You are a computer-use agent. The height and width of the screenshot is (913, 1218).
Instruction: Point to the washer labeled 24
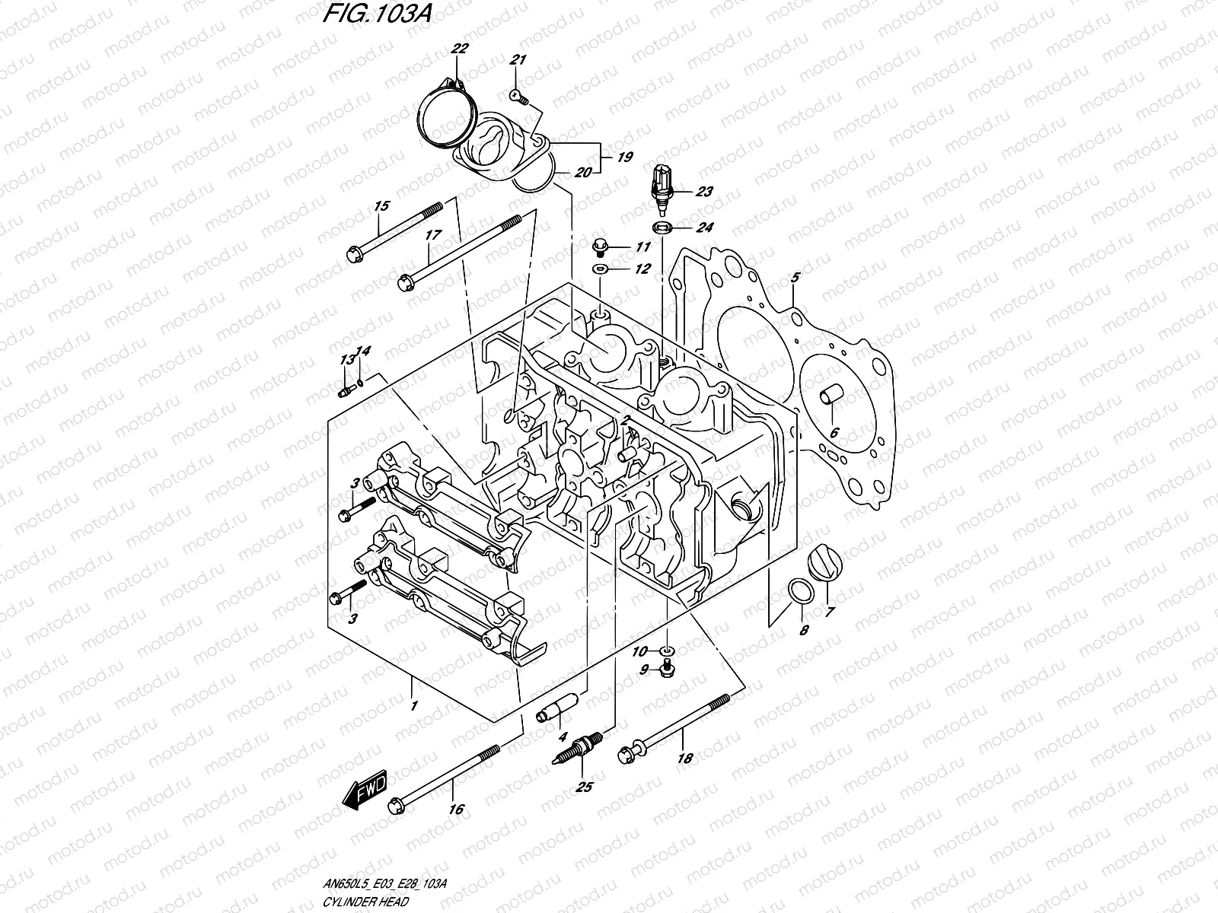[x=662, y=227]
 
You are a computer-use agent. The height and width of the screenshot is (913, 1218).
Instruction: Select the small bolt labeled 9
[x=668, y=668]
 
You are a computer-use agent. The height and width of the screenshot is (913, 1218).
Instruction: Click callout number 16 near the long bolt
[x=455, y=810]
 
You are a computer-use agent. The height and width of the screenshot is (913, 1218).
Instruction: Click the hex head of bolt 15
[x=354, y=255]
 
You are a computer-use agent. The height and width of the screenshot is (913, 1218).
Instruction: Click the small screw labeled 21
[x=515, y=94]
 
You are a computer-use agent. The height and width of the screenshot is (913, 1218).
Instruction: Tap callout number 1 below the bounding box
[x=413, y=705]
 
